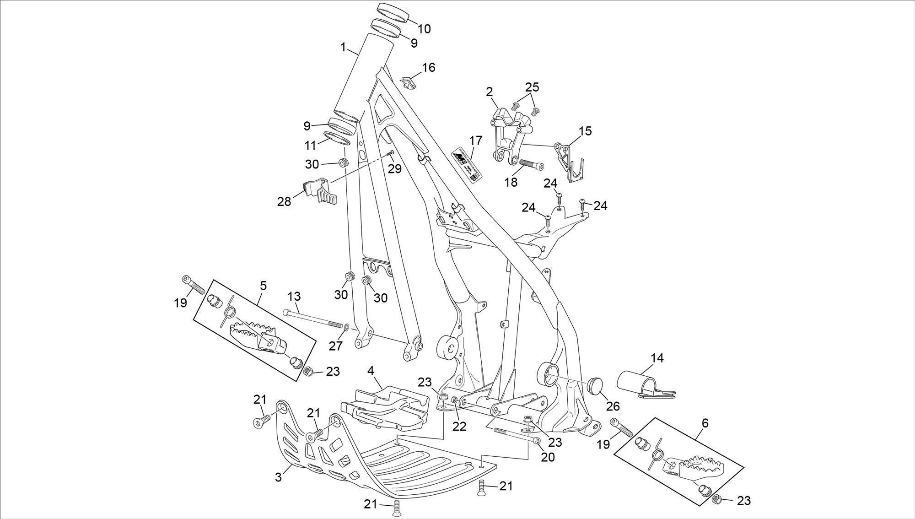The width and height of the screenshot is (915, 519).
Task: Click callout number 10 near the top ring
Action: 424,29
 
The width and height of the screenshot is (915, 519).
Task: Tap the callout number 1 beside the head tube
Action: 344,47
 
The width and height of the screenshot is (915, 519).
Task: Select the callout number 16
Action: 428,68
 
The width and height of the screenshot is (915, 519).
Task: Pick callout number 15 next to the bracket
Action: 585,131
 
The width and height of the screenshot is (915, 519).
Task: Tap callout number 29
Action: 394,168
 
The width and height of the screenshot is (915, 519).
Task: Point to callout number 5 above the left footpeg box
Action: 263,286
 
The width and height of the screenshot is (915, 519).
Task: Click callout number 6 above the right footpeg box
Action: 705,423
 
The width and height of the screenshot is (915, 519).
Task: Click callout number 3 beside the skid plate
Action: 278,477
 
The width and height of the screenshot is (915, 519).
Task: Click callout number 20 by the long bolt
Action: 548,457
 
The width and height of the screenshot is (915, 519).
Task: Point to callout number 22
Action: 459,426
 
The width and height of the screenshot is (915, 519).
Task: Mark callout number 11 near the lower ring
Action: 311,146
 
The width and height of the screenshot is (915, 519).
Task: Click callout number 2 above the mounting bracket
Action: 490,92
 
